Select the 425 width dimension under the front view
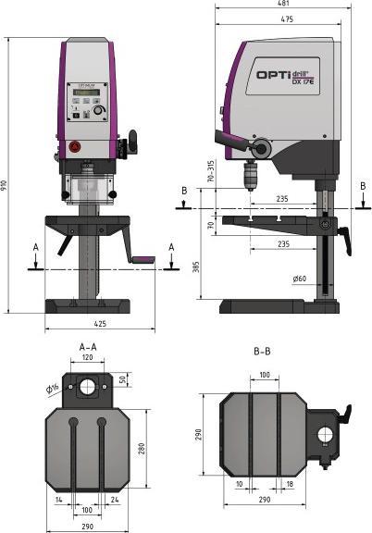click(x=99, y=325)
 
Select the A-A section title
click(x=88, y=344)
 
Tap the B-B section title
click(x=262, y=352)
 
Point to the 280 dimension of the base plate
click(x=142, y=448)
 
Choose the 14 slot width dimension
click(x=58, y=502)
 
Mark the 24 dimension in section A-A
click(x=115, y=502)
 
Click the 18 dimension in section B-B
click(x=290, y=483)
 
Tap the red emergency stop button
click(x=73, y=146)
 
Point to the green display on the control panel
click(x=86, y=93)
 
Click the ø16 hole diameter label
click(x=52, y=388)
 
